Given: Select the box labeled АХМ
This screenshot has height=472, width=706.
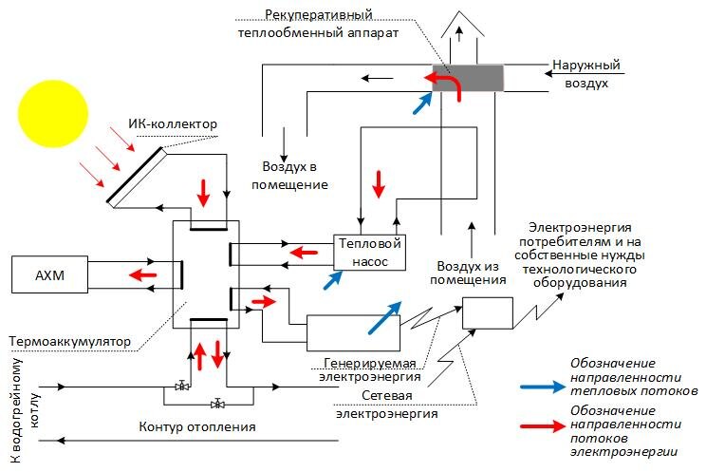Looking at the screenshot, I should [x=47, y=274].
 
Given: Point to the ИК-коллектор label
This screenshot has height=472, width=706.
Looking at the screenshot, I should [x=173, y=124].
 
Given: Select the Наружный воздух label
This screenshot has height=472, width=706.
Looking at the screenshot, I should [x=586, y=75].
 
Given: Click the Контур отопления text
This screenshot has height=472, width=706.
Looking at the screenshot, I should [x=186, y=425].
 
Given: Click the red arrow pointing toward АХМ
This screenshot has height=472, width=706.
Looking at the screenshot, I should [x=143, y=274].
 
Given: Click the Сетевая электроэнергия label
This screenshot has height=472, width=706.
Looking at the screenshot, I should [x=386, y=405].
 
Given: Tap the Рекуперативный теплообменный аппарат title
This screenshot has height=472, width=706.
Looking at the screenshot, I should [x=317, y=24].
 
